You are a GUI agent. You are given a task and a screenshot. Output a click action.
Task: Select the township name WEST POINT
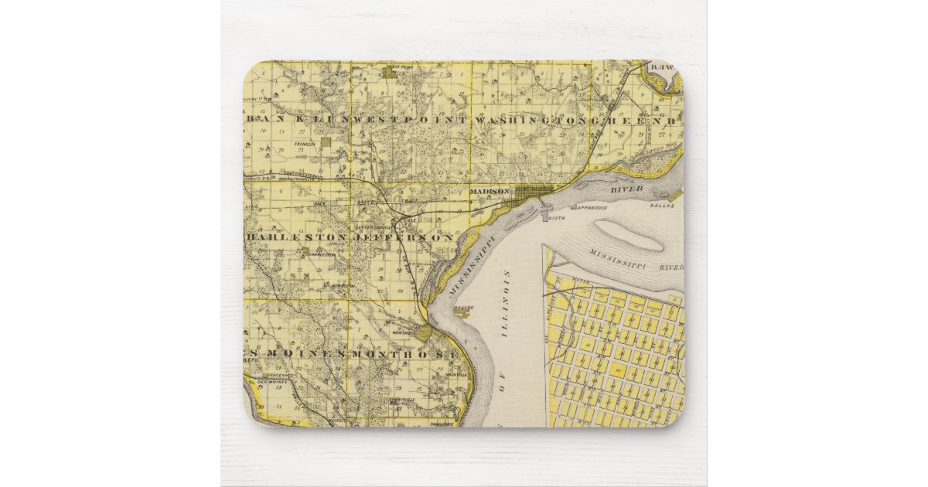410,121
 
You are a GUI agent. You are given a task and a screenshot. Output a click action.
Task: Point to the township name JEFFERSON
404,238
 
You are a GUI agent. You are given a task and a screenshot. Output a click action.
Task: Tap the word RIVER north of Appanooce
627,188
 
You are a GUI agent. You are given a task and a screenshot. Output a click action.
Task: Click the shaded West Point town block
391,74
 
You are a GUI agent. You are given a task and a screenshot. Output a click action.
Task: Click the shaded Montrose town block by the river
424,333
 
